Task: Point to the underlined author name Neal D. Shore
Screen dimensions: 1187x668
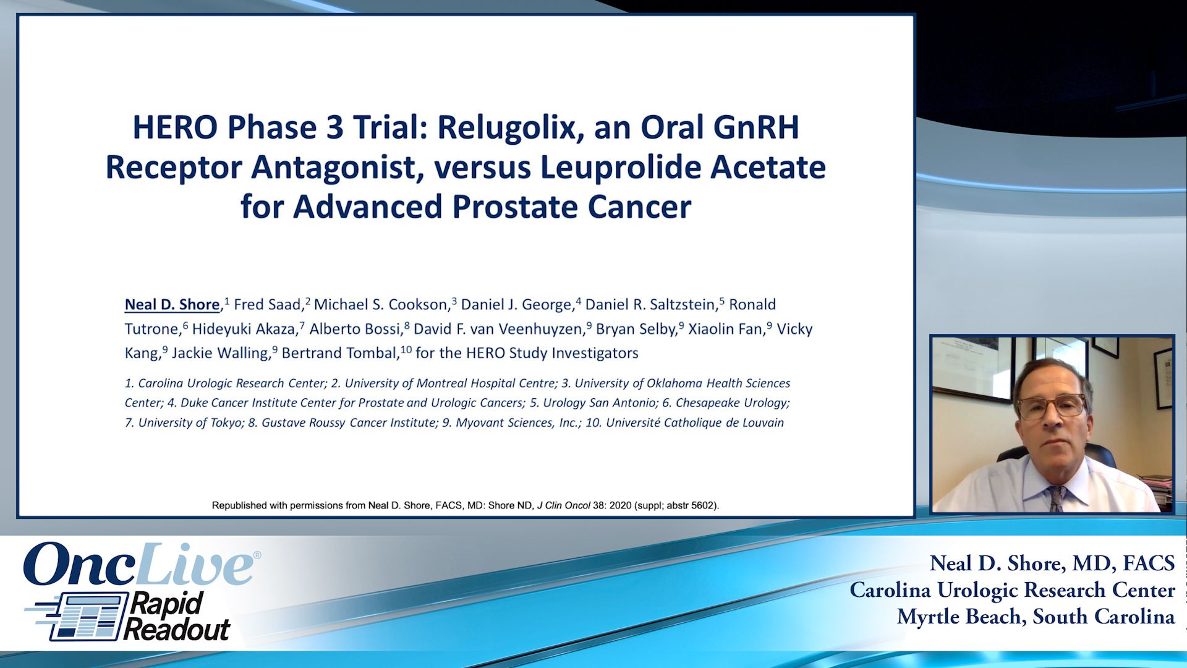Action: pos(172,304)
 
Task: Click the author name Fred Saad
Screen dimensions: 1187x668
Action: pos(267,304)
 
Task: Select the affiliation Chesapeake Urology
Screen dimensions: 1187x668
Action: pos(732,403)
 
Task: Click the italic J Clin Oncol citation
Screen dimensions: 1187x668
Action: pos(563,505)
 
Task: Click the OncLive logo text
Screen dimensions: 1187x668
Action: pos(138,564)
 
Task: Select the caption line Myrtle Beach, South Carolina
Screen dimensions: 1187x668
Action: pos(1036,617)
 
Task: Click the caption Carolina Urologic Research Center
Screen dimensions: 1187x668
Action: pos(1012,590)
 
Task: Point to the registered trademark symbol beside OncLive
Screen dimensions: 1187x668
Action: pos(257,555)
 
